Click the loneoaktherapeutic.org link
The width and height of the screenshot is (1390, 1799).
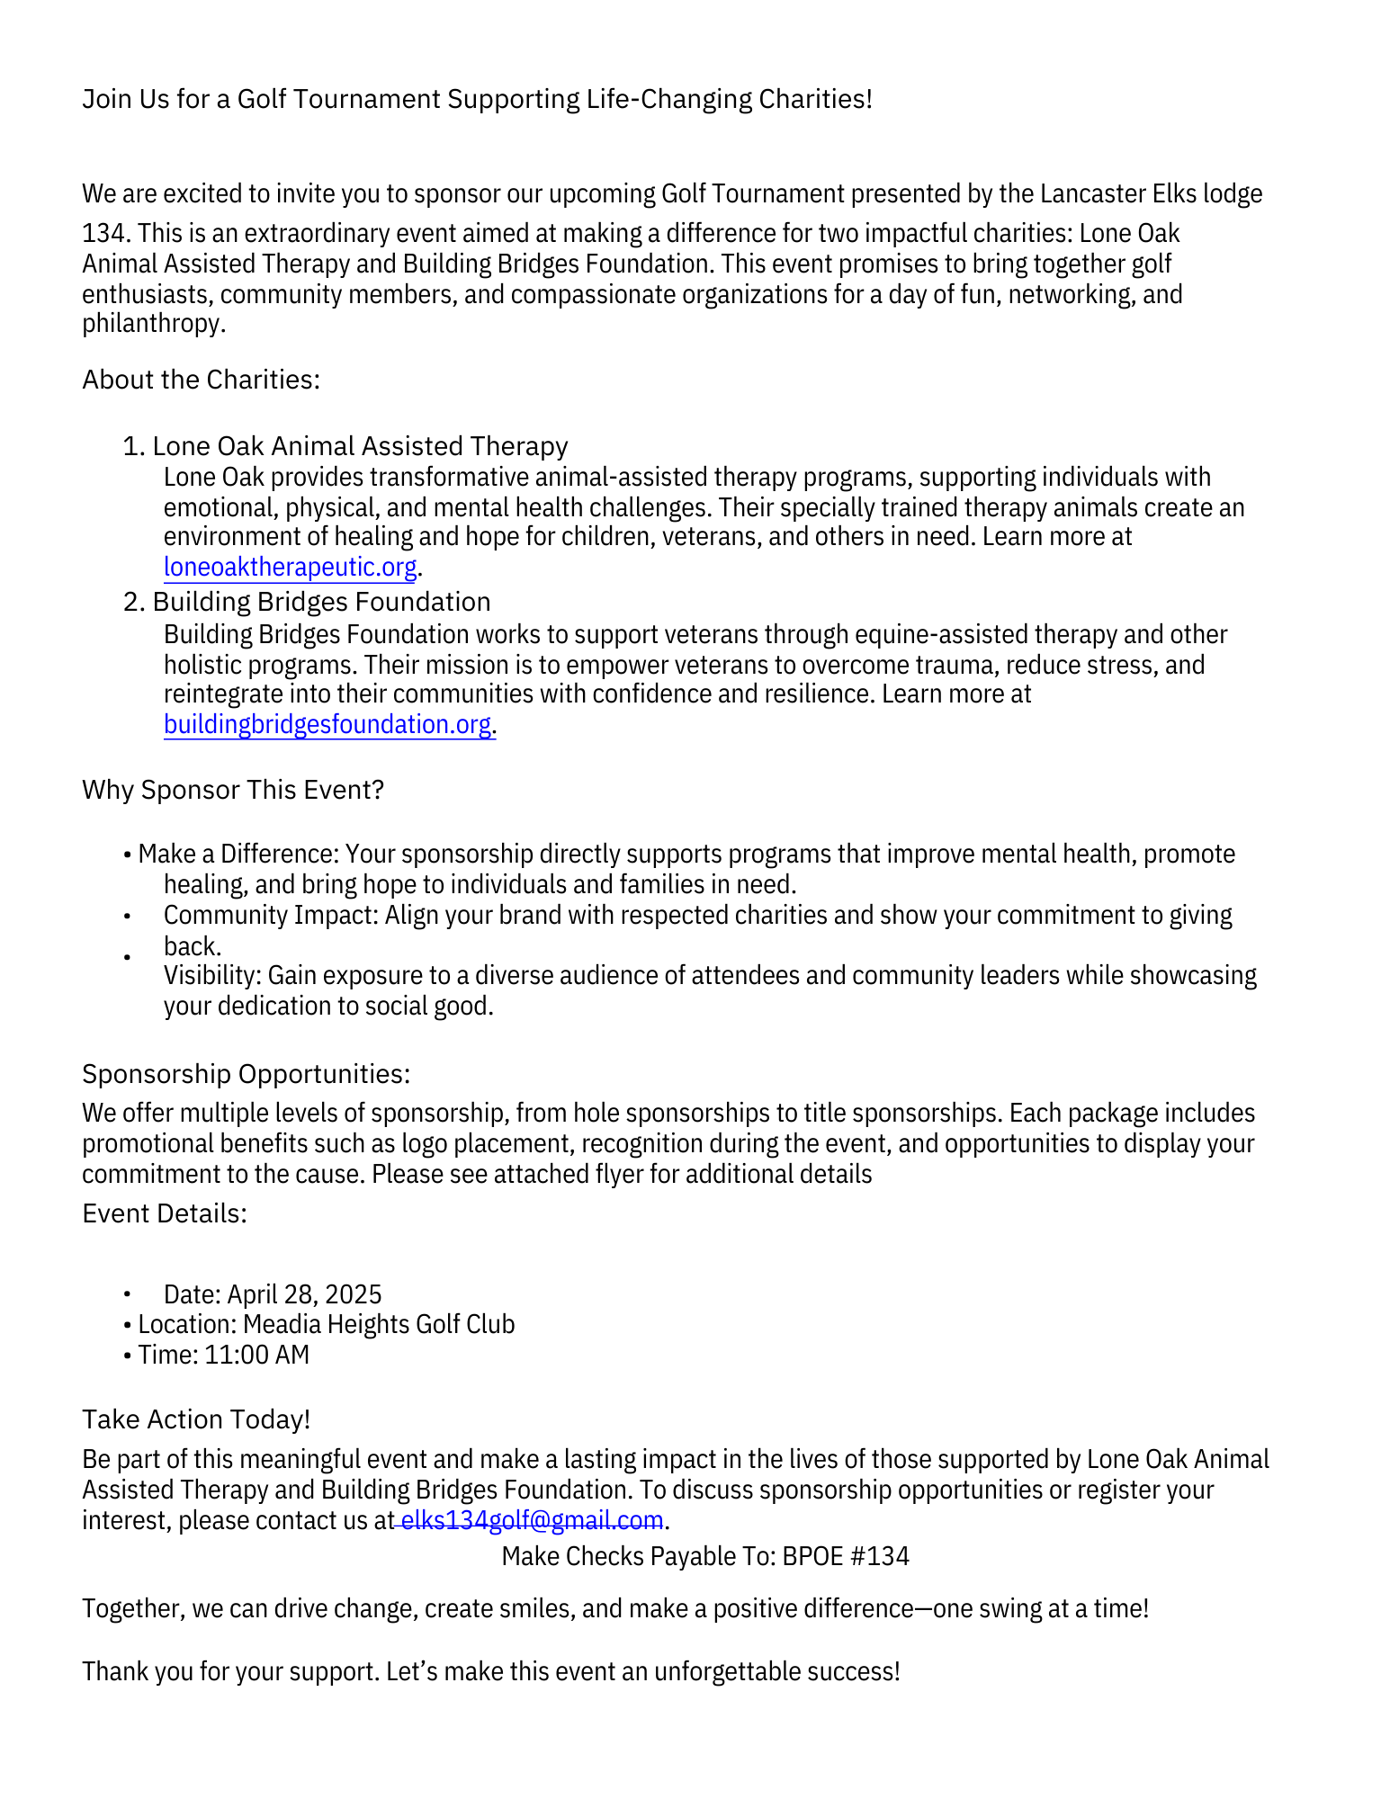(x=290, y=568)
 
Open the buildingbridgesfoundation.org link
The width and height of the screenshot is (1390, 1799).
(x=327, y=725)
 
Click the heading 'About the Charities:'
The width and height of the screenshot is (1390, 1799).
(x=201, y=380)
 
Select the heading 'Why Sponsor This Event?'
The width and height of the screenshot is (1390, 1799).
(x=233, y=790)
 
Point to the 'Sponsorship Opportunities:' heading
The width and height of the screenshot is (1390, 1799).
(x=246, y=1074)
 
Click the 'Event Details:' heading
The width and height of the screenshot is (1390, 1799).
(x=164, y=1214)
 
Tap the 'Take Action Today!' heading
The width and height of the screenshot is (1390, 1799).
(x=196, y=1419)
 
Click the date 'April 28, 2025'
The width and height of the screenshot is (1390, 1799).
(x=304, y=1295)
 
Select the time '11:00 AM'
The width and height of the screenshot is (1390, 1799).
(x=256, y=1356)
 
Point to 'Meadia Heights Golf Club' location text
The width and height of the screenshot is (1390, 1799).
(x=379, y=1325)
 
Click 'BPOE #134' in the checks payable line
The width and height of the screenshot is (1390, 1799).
(x=846, y=1557)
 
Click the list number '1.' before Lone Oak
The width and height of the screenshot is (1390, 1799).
(x=134, y=447)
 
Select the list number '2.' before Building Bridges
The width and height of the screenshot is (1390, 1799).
(x=134, y=603)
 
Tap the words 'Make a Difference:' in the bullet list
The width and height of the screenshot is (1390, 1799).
(x=238, y=855)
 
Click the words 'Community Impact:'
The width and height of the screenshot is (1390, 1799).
(x=271, y=916)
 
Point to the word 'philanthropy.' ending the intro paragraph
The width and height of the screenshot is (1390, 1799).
(x=153, y=324)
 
